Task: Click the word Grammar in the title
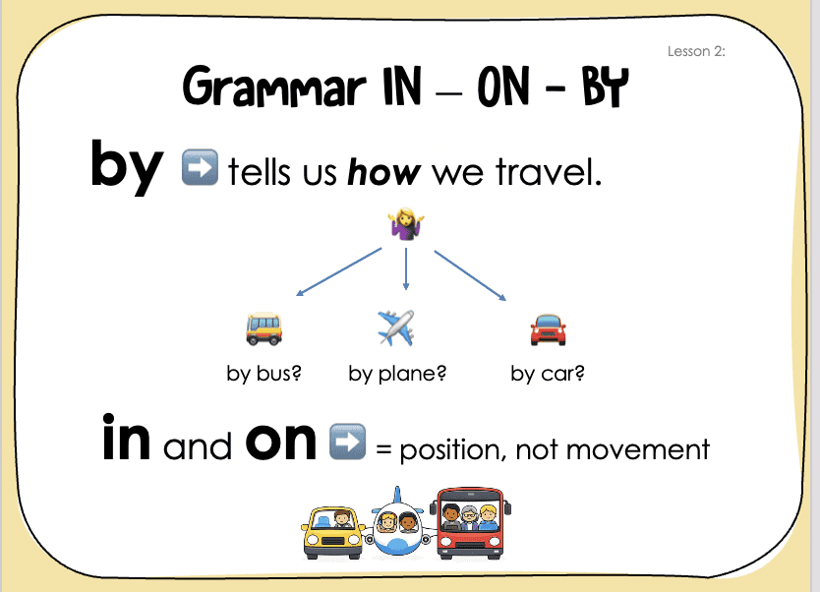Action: [274, 88]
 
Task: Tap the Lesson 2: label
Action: [696, 51]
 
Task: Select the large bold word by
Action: [127, 166]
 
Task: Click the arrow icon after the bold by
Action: [200, 167]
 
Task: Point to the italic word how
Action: [383, 171]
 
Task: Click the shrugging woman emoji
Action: [406, 224]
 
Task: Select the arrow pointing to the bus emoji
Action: [339, 272]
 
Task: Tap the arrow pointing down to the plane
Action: [406, 268]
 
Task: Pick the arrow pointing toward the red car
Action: [470, 275]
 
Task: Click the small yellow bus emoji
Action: [264, 329]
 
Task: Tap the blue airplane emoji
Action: [396, 327]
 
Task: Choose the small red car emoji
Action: [548, 330]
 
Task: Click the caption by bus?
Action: [264, 374]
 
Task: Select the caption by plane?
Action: [397, 374]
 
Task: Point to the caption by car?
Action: [548, 374]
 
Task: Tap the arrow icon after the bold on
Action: [348, 442]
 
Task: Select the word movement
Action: [638, 449]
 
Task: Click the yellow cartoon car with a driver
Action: [333, 532]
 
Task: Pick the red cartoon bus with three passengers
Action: [470, 523]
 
